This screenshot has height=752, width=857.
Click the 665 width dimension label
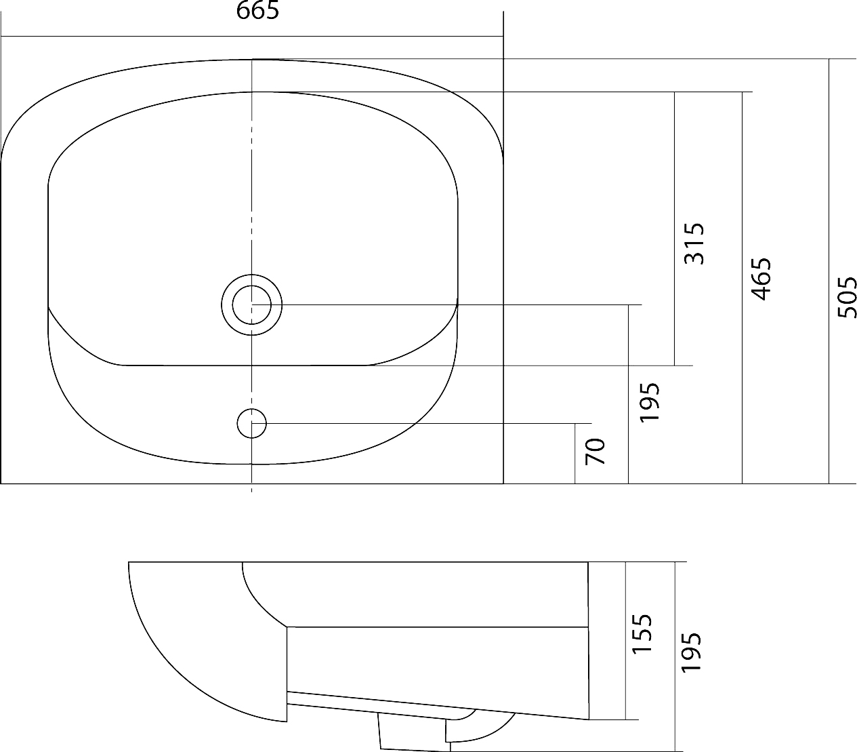point(257,10)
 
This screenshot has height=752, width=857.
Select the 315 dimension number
point(694,244)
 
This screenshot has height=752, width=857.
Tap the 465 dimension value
point(761,279)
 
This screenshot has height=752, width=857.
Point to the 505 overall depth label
point(848,297)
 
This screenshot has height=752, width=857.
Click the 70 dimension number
point(595,452)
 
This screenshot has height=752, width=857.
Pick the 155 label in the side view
point(642,634)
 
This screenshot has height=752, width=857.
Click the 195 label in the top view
point(649,402)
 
